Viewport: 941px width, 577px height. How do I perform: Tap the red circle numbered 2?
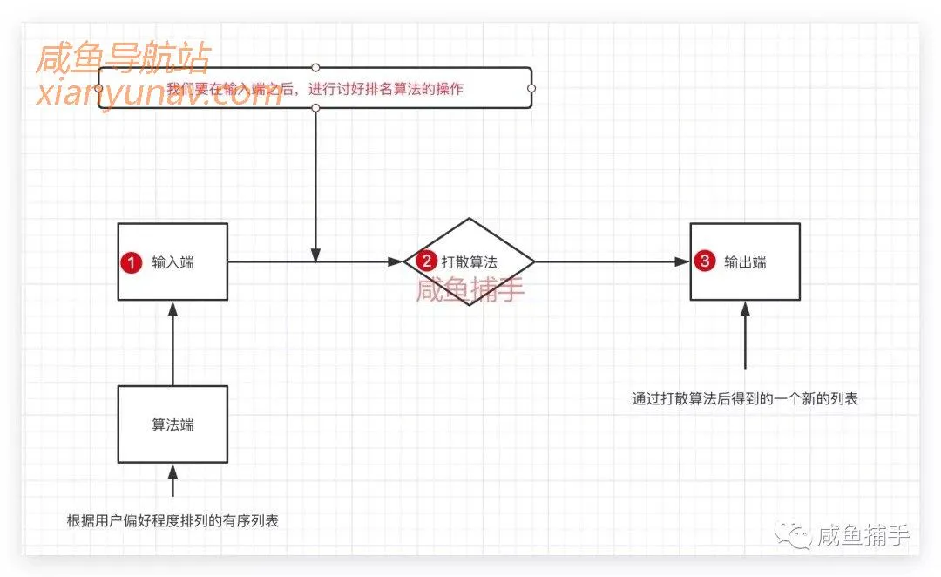tap(427, 261)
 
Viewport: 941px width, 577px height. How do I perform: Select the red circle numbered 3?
tap(706, 261)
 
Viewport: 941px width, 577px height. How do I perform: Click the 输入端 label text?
tap(173, 262)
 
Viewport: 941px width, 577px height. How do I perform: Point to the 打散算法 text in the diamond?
tap(470, 261)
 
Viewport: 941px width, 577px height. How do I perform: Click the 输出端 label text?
tap(745, 262)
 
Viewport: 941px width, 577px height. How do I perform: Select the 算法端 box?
tap(173, 424)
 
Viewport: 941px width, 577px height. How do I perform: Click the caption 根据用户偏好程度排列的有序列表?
tap(173, 521)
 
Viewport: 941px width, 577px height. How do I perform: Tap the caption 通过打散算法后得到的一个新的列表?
tap(745, 399)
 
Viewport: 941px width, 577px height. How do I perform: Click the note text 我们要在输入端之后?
tap(315, 89)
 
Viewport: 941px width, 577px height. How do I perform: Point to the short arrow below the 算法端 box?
tap(173, 480)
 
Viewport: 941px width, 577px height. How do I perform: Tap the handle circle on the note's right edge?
tap(531, 88)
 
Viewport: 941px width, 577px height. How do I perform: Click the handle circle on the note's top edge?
tap(315, 67)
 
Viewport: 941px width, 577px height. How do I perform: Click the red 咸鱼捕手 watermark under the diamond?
tap(470, 289)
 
